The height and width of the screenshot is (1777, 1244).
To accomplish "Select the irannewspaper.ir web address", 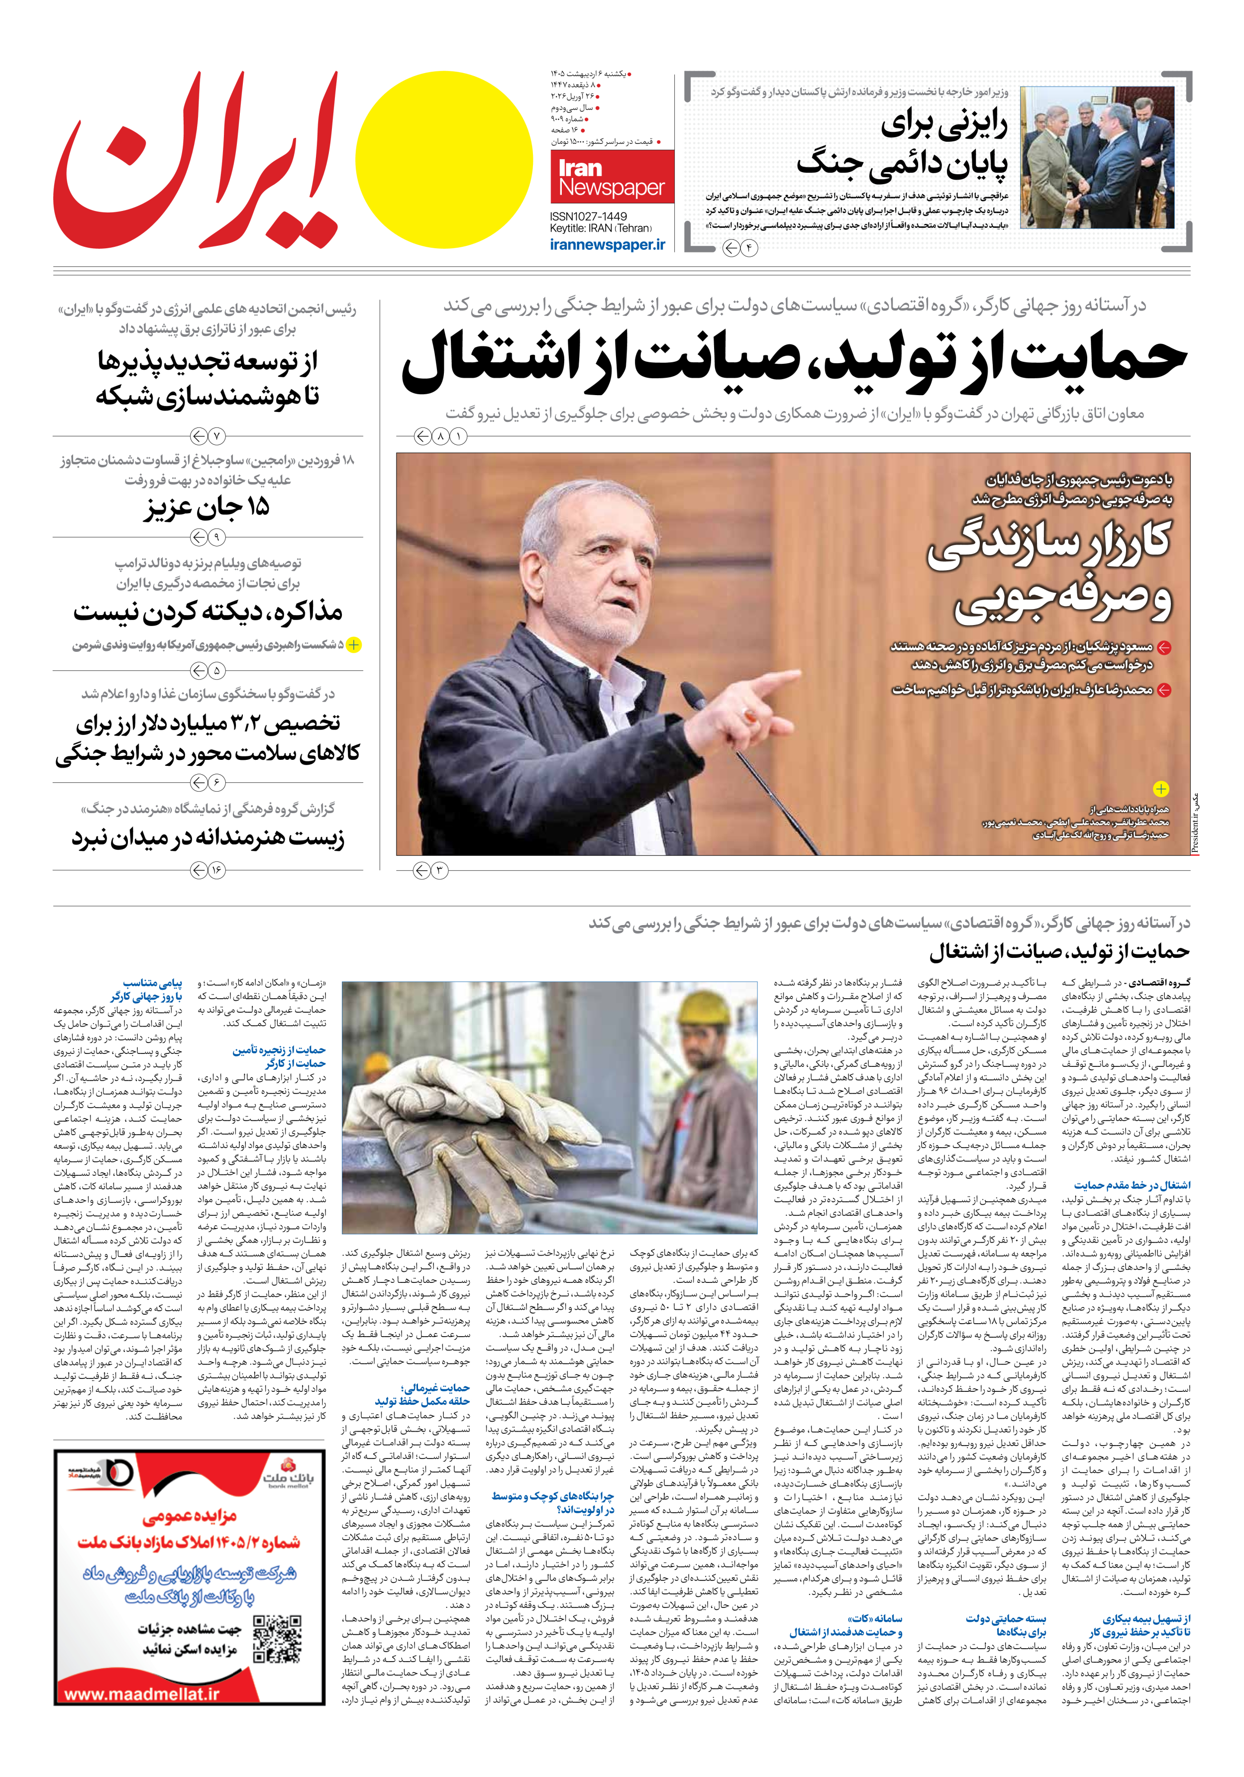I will pyautogui.click(x=608, y=244).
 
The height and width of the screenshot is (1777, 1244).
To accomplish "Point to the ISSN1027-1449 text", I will pyautogui.click(x=588, y=216).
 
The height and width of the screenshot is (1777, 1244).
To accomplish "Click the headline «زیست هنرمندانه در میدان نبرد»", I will pyautogui.click(x=208, y=838).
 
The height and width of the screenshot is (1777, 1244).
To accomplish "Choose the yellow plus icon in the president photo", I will pyautogui.click(x=1161, y=789).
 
